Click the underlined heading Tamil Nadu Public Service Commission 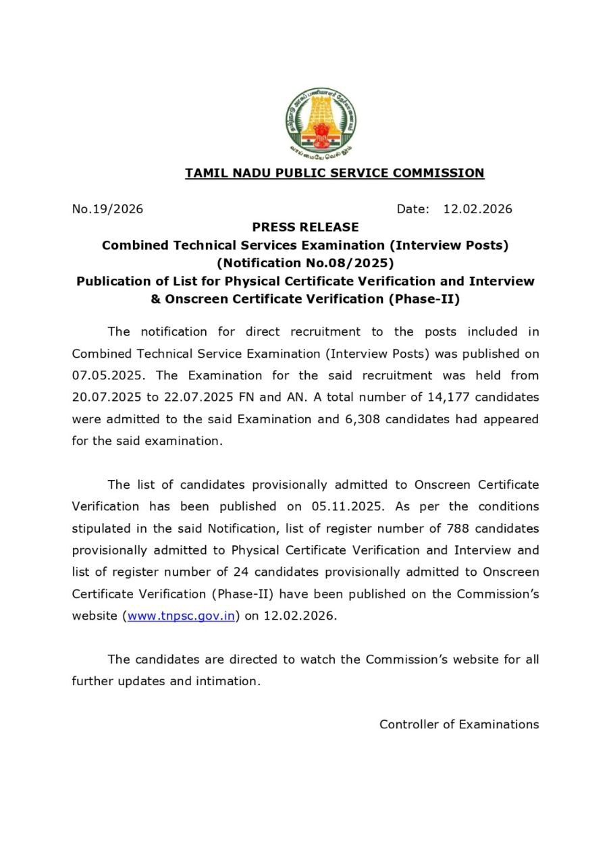(x=335, y=173)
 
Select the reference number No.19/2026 (x=107, y=209)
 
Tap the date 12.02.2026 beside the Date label (x=477, y=209)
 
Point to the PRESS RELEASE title (x=305, y=227)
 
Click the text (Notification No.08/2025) (x=305, y=263)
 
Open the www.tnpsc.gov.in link (x=181, y=616)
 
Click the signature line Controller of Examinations (x=459, y=724)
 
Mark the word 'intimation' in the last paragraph (x=227, y=681)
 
